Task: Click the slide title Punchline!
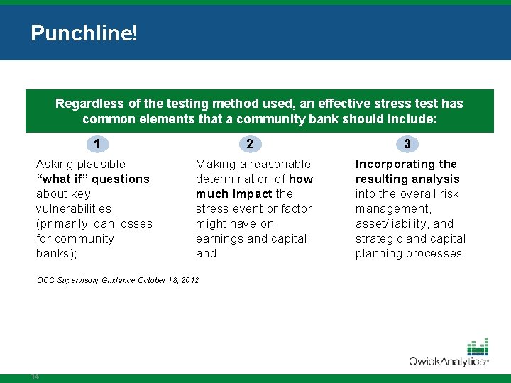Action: (84, 33)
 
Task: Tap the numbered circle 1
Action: (97, 144)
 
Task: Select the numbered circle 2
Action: (249, 144)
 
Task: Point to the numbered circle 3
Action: (407, 144)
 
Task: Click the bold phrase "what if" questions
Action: (93, 179)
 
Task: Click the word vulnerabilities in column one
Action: (74, 209)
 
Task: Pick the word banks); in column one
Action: (56, 253)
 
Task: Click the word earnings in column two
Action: (218, 238)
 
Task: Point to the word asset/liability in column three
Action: (392, 223)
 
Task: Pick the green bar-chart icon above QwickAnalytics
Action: (478, 347)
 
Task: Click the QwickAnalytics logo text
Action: (446, 362)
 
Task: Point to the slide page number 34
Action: (35, 377)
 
